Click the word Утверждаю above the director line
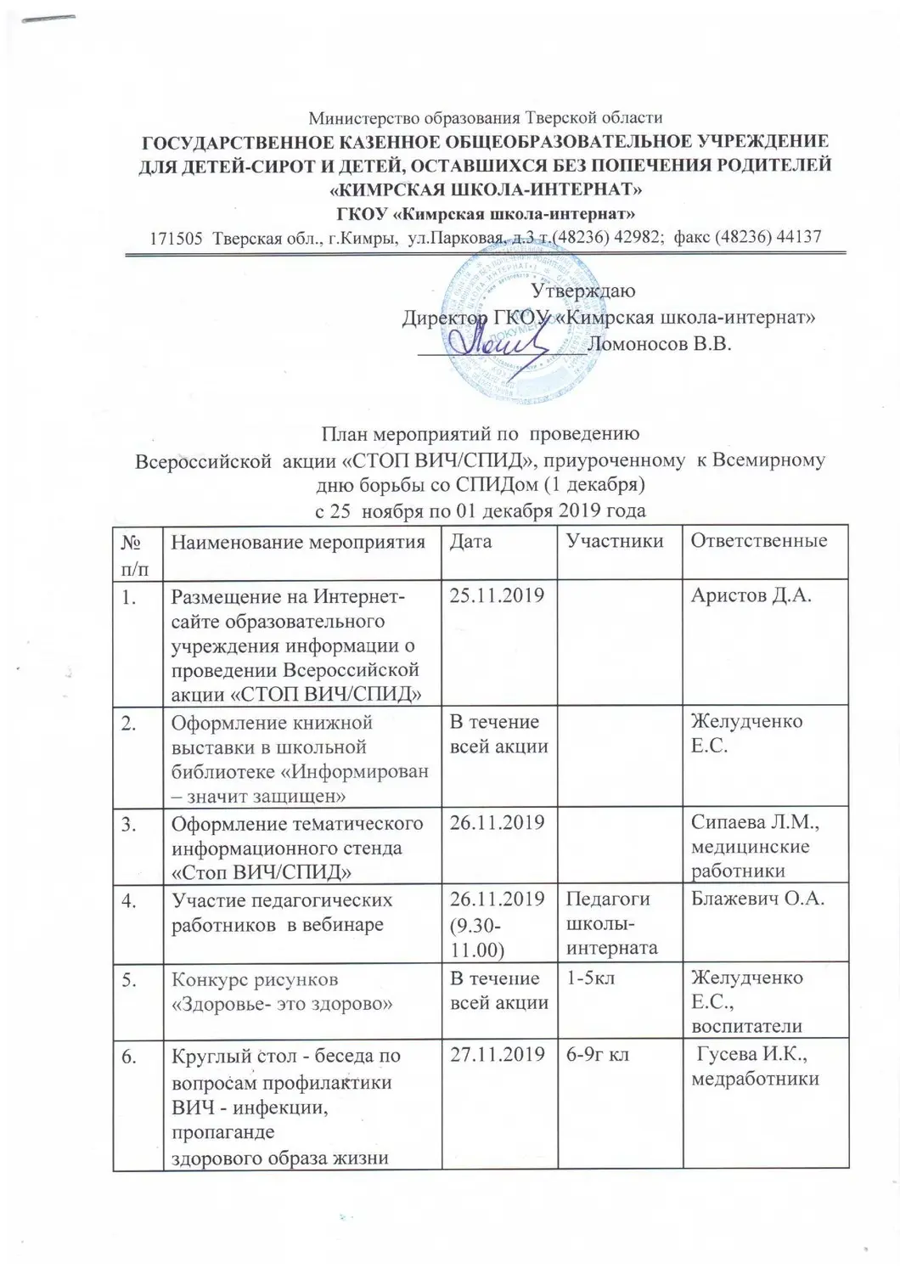pos(582,290)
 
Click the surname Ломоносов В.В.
pos(659,344)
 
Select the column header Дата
pos(470,541)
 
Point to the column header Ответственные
pos(759,541)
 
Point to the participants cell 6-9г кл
pos(598,1056)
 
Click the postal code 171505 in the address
pos(175,238)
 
